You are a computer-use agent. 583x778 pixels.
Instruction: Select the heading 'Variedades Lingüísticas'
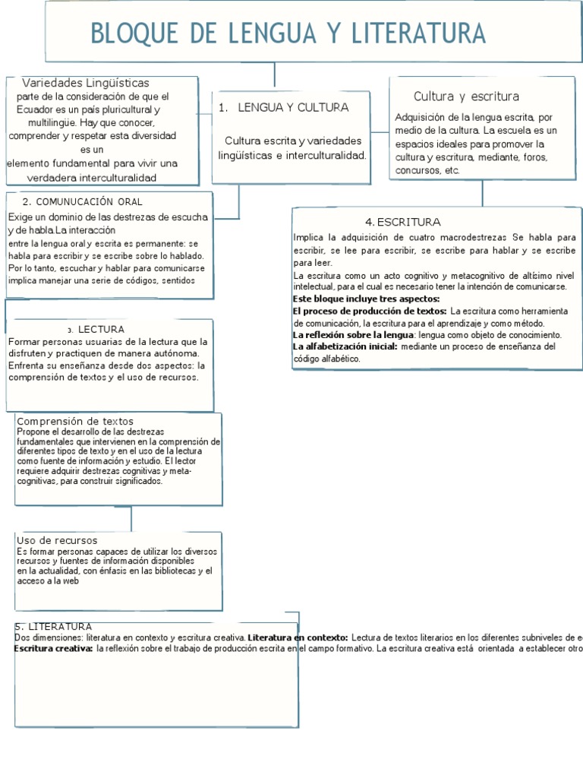pos(85,83)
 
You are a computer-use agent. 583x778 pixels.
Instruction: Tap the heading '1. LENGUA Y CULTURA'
pos(282,108)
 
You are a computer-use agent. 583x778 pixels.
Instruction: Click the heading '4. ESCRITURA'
pos(402,222)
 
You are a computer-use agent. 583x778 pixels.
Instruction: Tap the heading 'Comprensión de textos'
pos(74,421)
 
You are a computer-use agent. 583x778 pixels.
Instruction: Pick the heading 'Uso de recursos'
pos(57,540)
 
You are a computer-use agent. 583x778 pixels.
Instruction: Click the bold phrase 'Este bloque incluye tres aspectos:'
pos(361,299)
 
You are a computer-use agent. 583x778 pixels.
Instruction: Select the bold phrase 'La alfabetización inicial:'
pos(345,346)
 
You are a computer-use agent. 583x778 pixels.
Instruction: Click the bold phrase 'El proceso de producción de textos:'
pos(370,312)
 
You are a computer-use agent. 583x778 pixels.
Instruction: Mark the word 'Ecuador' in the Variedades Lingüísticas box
pos(35,109)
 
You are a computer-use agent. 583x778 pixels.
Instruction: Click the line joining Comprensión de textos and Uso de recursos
pos(131,518)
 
